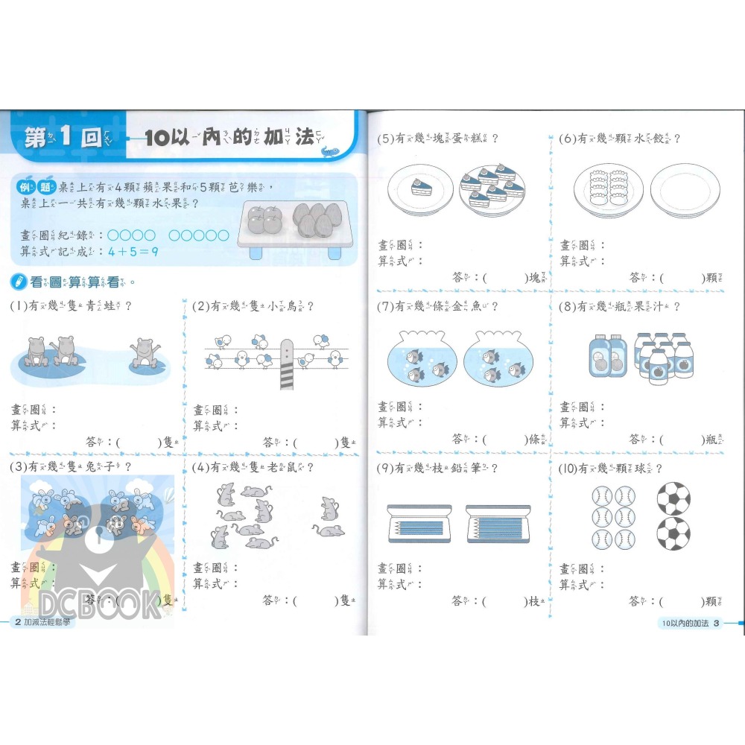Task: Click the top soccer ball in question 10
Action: pos(673,498)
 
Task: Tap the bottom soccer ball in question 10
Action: pos(673,534)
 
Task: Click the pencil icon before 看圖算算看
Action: pos(18,282)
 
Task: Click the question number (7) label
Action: pos(385,306)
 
